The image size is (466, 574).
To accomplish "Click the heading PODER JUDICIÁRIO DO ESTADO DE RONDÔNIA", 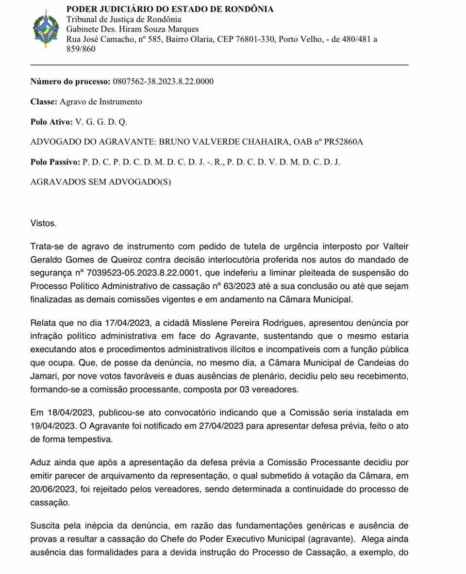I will [169, 9].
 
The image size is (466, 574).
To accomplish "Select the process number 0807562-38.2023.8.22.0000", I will [163, 81].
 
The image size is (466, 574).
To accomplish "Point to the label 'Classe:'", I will [44, 101].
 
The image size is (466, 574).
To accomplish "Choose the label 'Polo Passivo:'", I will [55, 162].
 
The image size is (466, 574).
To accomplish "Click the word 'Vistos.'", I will [43, 224].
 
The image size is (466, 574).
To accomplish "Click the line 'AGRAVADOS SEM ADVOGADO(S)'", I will [100, 182].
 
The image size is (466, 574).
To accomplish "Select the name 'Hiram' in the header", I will [126, 29].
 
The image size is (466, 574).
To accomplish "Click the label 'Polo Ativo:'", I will [51, 122].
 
